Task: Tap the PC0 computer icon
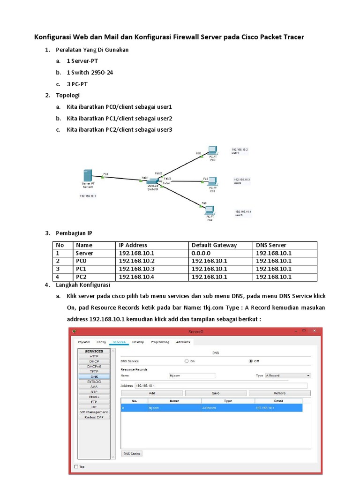212,151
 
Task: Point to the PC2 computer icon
210,210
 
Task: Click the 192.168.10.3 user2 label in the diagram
242,181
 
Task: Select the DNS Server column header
271,245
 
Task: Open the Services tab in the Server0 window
119,342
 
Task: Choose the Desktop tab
138,342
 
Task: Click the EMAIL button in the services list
94,397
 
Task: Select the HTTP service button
94,356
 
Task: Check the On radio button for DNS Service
187,361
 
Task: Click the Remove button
280,393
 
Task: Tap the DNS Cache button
132,454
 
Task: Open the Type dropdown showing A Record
288,375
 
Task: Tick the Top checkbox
77,467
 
